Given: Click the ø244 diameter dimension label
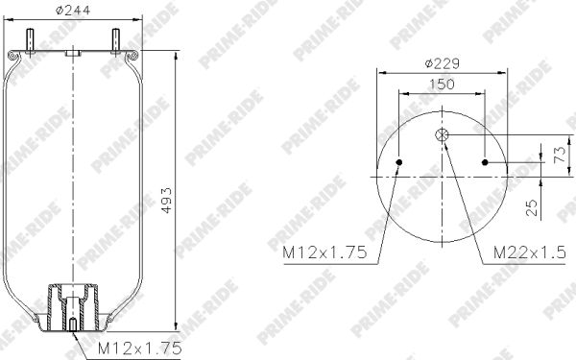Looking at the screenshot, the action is pos(72,11).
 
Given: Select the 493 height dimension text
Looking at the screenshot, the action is pos(166,201).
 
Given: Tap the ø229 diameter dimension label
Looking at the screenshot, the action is pos(442,64).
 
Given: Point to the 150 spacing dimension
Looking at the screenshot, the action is pos(442,84).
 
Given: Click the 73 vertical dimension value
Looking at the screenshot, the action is pos(561,155).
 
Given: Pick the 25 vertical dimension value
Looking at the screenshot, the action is pos(532,208).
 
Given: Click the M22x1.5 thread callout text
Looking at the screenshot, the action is pos(529,252).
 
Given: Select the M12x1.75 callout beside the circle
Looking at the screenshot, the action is pos(324,252).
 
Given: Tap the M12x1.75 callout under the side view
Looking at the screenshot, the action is pos(139,348).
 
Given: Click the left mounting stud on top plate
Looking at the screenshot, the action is pos(31,41).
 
